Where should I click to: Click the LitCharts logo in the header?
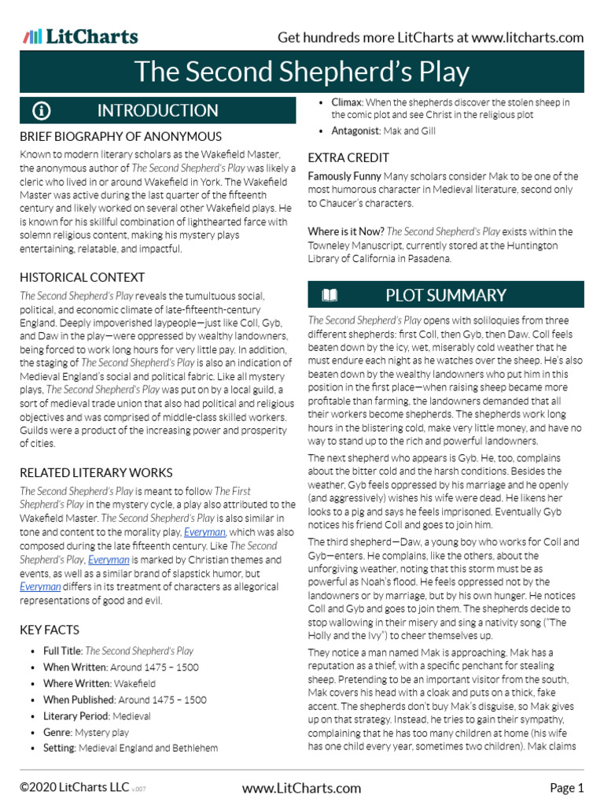(x=80, y=37)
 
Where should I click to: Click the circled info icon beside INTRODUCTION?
(x=42, y=110)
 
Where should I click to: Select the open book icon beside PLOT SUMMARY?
(x=330, y=295)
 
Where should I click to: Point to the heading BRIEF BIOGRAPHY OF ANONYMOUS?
(x=120, y=136)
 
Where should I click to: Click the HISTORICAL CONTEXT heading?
(x=82, y=277)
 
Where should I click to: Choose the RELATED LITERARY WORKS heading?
(x=96, y=472)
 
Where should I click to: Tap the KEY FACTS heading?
(x=50, y=630)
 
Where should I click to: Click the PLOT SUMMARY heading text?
(x=445, y=295)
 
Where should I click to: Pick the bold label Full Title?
(x=62, y=651)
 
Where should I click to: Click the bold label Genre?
(x=57, y=732)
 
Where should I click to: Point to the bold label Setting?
(x=59, y=748)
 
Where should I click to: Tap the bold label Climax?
(x=346, y=102)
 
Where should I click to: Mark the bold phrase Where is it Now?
(x=346, y=231)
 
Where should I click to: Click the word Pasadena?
(x=430, y=258)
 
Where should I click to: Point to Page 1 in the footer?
(x=566, y=788)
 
